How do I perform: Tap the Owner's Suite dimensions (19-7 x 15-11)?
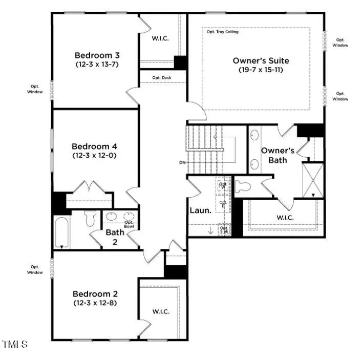[x=261, y=70]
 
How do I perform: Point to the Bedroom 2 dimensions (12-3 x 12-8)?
[x=95, y=303]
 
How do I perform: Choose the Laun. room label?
[x=199, y=210]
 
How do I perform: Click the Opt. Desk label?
[x=162, y=78]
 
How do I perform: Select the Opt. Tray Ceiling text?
[x=222, y=32]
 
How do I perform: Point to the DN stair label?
[x=182, y=163]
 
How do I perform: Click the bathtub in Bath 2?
[x=61, y=231]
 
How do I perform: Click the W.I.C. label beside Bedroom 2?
[x=161, y=311]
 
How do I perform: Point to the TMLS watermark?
[x=15, y=344]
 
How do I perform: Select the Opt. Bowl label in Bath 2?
[x=129, y=224]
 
